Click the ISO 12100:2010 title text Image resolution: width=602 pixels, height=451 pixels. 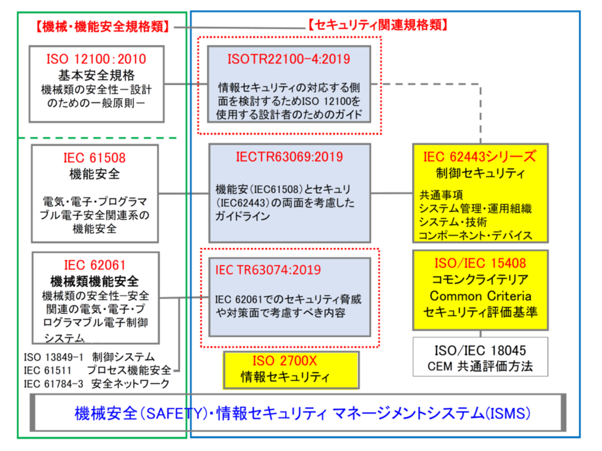(96, 59)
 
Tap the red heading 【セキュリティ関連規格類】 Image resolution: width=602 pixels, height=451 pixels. (377, 25)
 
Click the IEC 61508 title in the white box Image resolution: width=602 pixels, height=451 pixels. (95, 158)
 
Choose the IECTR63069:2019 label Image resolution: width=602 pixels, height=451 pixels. (290, 157)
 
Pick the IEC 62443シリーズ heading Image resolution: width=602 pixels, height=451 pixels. (479, 156)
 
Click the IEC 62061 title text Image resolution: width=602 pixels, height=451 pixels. (95, 265)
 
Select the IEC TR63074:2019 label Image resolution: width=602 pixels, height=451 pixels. (268, 270)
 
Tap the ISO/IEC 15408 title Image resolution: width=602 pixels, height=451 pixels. (480, 263)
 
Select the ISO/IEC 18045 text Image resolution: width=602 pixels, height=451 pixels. (480, 351)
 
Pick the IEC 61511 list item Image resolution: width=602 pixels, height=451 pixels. (49, 370)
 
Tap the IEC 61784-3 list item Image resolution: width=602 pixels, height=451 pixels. (53, 383)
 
